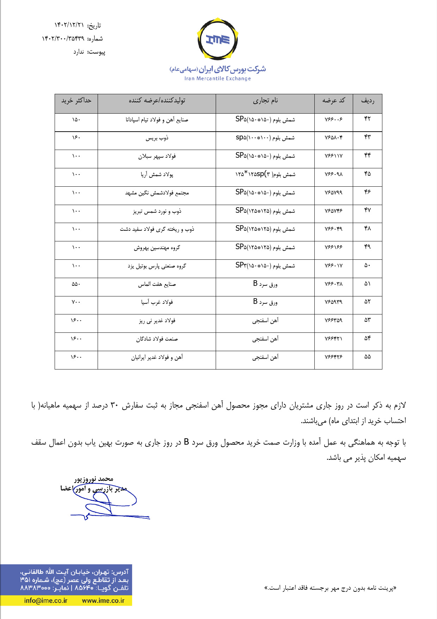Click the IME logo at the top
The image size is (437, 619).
click(x=218, y=40)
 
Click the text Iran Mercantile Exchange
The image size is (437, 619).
click(x=217, y=79)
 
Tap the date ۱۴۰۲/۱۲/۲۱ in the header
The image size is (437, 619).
click(x=69, y=25)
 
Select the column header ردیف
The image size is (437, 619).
click(x=367, y=101)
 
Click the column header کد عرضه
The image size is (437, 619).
click(x=333, y=101)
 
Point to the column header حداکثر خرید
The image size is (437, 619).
click(x=76, y=101)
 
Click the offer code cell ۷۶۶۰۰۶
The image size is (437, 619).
click(x=333, y=120)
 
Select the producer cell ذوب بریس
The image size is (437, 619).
click(x=157, y=138)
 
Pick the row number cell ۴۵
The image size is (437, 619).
click(x=367, y=174)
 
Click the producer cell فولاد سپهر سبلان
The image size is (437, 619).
click(x=157, y=156)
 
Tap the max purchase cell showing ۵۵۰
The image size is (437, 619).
click(x=76, y=284)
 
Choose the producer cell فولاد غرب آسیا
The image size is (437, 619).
click(x=157, y=302)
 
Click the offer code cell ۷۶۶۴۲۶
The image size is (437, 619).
click(x=333, y=357)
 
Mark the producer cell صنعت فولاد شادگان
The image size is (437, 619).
click(x=157, y=339)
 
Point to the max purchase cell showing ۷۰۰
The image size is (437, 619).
click(x=76, y=302)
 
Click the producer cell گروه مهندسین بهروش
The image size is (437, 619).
click(x=157, y=248)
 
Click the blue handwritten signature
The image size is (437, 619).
click(x=106, y=503)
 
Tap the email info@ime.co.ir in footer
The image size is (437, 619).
click(x=46, y=601)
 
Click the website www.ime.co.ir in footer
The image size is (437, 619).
click(x=103, y=601)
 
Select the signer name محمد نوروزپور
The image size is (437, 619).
click(x=94, y=479)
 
